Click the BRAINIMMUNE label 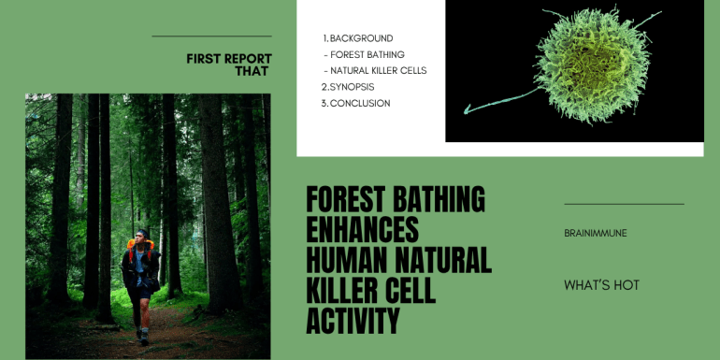click(x=595, y=233)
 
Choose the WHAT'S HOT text click(x=601, y=285)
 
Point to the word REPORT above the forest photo click(x=248, y=59)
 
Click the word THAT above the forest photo click(x=252, y=71)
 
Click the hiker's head click(x=144, y=235)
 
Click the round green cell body click(x=592, y=65)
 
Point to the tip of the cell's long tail click(x=466, y=110)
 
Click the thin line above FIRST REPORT click(x=211, y=36)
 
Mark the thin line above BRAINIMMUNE click(x=624, y=204)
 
